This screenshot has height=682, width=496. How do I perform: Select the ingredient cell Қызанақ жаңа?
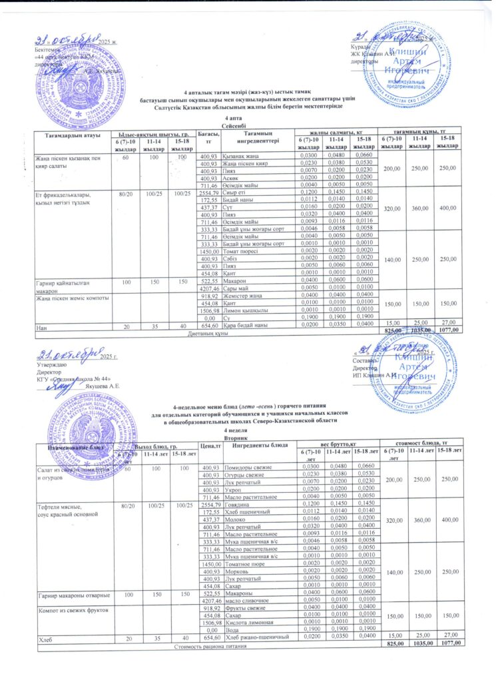tap(242, 155)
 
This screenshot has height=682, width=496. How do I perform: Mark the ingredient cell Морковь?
tap(237, 571)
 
